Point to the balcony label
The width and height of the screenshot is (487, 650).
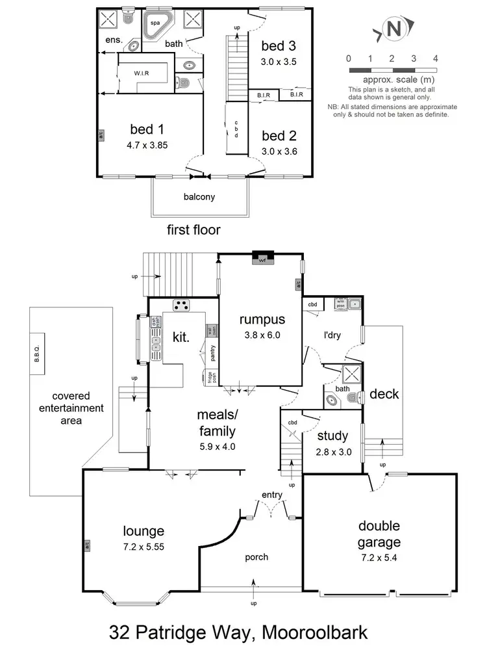point(199,196)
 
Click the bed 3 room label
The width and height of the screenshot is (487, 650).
point(279,46)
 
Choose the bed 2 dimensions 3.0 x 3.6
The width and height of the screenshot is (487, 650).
point(279,151)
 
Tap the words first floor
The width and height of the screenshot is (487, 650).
point(194,229)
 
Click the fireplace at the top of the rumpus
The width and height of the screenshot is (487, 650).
point(263,259)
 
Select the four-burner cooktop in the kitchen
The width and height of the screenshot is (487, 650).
point(181,305)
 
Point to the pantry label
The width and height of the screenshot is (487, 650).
point(212,354)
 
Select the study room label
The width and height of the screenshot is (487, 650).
point(332,435)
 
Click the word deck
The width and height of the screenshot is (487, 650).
point(384,394)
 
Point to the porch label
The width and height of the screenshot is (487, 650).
point(256,557)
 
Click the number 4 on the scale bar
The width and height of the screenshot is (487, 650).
point(435,58)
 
